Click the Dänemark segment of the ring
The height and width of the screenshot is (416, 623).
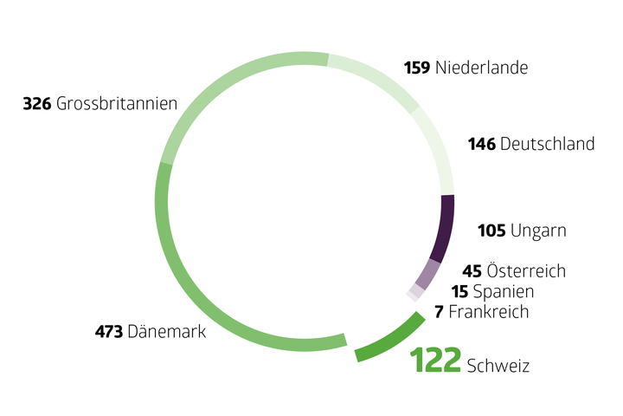click(186, 285)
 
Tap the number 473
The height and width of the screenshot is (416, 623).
click(109, 331)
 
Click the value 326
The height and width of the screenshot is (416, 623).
click(36, 104)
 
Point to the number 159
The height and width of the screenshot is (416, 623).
click(418, 67)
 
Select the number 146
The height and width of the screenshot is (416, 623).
click(482, 144)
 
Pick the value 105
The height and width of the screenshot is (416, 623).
click(491, 231)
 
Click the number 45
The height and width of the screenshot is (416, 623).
click(472, 271)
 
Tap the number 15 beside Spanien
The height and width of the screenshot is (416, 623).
click(459, 292)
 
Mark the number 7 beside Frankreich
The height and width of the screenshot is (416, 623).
click(440, 312)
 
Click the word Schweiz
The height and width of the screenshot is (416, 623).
click(498, 366)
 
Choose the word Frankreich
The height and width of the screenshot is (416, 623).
click(489, 312)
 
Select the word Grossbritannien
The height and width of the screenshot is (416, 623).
click(117, 104)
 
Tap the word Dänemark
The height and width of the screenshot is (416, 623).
click(166, 331)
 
